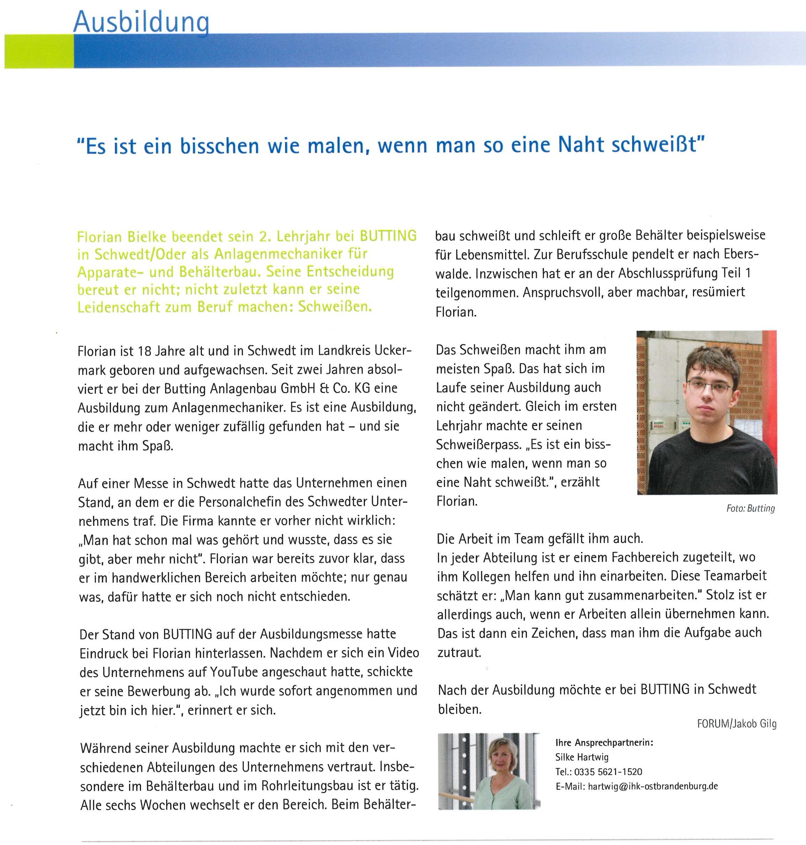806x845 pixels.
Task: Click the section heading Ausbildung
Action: [141, 21]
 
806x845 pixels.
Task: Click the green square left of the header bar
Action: [39, 51]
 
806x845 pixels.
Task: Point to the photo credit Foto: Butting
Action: [750, 509]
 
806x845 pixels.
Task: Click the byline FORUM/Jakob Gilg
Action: [736, 724]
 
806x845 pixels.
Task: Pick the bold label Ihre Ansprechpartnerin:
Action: [604, 743]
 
